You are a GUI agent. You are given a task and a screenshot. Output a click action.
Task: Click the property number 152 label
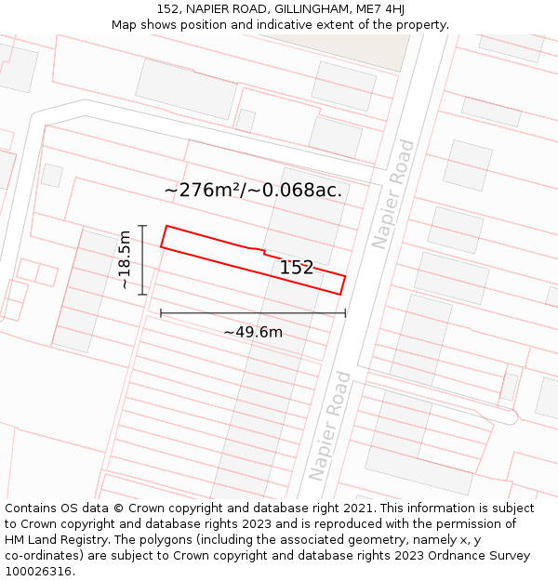pos(297,268)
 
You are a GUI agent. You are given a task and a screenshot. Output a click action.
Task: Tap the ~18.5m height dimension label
pos(126,260)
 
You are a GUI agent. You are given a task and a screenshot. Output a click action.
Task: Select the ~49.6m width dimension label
pos(253,332)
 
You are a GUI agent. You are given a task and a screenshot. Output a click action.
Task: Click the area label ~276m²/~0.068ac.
pos(253,191)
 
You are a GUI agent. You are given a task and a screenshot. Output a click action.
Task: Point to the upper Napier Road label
pos(393,193)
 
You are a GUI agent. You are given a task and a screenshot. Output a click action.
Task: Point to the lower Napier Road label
pos(330,425)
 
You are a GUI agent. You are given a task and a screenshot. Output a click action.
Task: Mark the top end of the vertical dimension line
pos(142,225)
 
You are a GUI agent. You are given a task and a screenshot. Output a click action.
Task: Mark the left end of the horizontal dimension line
pos(161,313)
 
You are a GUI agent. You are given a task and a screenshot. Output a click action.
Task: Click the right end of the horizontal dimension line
pos(345,313)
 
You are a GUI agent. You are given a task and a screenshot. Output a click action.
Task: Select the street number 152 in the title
pos(167,9)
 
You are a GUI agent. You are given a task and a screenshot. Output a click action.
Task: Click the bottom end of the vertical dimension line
pos(142,295)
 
